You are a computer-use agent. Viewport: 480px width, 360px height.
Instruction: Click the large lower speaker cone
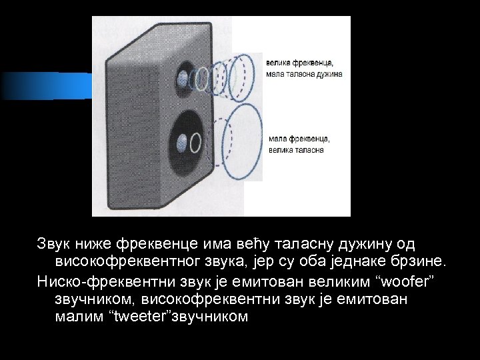[185, 140]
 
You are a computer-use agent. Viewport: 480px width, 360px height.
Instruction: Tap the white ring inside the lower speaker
[196, 142]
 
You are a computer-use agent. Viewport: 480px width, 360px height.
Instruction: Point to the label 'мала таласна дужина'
[304, 74]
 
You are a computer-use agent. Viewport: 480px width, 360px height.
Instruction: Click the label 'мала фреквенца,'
[299, 139]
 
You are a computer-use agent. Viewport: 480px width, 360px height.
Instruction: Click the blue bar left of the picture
[46, 85]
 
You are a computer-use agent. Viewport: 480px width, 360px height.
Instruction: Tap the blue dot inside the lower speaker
[182, 141]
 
